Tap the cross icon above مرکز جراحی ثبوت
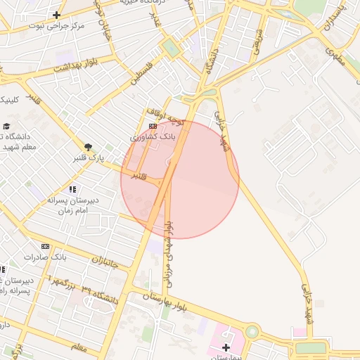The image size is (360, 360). tap(56, 15)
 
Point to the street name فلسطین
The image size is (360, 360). tap(146, 72)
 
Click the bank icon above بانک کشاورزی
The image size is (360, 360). tap(153, 127)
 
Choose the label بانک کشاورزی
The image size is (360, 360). tap(153, 137)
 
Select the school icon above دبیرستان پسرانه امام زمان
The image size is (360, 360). tap(72, 189)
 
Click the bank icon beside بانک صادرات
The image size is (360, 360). tap(46, 246)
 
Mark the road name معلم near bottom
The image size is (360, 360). tap(79, 347)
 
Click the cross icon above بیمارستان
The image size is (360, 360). tap(226, 348)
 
